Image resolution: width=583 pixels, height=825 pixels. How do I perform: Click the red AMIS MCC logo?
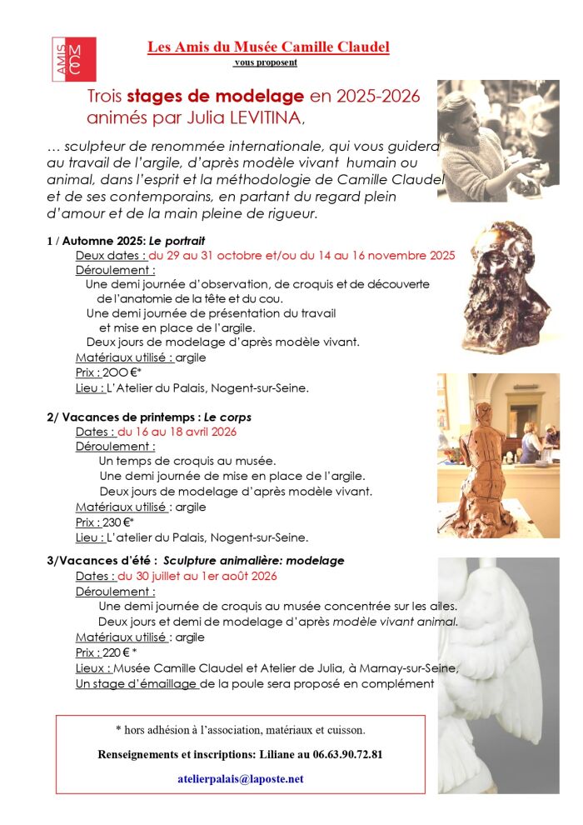pos(73,59)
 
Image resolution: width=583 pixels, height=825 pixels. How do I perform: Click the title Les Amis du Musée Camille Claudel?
pos(268,47)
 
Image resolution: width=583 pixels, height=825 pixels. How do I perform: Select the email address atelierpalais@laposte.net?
pos(241,778)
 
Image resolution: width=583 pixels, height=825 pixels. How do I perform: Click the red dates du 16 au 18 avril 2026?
pos(177,432)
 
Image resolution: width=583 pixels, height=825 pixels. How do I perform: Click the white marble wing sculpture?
pos(500,650)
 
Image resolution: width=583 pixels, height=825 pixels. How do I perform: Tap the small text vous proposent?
pos(266,62)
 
